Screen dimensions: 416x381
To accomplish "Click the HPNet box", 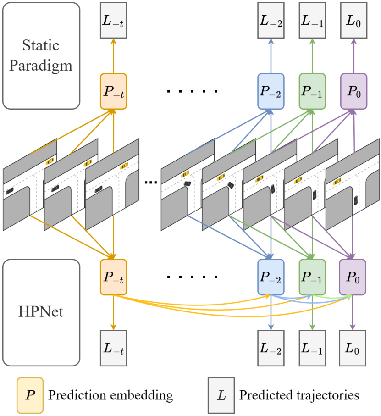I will [41, 312].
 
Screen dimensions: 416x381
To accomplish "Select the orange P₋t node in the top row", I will [113, 91].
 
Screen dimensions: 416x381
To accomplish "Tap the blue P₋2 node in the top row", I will [271, 91].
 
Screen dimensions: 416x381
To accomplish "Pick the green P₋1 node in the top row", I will [312, 91].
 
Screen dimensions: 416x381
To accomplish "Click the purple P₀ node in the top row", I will [353, 91].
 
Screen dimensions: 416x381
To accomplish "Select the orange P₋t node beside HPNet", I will [113, 277].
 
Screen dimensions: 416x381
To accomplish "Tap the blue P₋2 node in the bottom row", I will [271, 277].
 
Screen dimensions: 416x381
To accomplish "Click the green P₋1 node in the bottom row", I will [312, 277].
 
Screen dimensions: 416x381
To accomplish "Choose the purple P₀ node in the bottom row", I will [353, 277].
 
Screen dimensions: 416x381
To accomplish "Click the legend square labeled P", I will [30, 395].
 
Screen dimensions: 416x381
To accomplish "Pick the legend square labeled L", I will [221, 395].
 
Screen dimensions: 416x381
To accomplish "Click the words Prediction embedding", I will [110, 395].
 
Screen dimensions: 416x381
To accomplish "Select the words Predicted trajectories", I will [299, 395].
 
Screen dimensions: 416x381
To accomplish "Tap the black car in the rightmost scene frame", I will [356, 200].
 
